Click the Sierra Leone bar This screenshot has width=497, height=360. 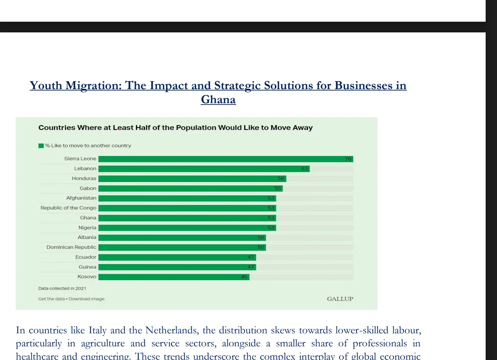coord(225,159)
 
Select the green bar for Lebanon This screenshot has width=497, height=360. coord(204,169)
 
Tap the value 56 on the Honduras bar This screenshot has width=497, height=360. coord(281,179)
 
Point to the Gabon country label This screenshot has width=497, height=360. coord(88,188)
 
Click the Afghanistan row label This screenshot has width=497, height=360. coord(81,198)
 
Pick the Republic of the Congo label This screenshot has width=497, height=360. coord(68,208)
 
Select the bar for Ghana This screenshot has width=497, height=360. coord(187,218)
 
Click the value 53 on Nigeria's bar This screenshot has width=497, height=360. coord(271,228)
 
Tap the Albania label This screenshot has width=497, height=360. coord(87,237)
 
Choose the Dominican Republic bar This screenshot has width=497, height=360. coord(182,247)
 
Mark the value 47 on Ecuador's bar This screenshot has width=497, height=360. coord(251,257)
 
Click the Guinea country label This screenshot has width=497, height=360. coord(88,267)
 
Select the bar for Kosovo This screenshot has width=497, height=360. coord(174,277)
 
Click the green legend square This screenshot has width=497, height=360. coord(41,146)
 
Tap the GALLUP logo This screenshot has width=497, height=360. coord(340,299)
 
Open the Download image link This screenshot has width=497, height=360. coord(87,299)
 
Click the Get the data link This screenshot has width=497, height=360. coord(51,299)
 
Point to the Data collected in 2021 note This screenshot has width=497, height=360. coord(62,289)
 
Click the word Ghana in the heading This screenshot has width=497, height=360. coord(218,100)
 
